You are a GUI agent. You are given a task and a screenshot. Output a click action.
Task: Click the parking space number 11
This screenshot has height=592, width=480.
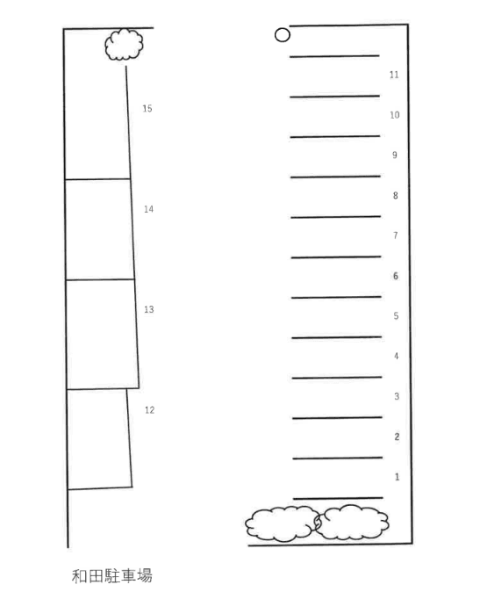point(394,75)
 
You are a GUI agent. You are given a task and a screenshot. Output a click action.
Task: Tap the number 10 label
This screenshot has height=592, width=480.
point(394,115)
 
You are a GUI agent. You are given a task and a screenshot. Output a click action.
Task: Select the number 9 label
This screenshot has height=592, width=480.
point(395,155)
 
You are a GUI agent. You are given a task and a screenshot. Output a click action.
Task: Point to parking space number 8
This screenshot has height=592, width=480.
point(395,196)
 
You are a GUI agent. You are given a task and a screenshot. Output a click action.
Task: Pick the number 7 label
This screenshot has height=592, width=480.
point(396,235)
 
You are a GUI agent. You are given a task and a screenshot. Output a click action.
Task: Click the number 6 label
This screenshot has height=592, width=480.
point(396,276)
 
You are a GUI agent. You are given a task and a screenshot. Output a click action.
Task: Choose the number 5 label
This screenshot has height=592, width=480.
point(396,316)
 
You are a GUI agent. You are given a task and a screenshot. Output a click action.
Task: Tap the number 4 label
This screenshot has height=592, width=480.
point(397,356)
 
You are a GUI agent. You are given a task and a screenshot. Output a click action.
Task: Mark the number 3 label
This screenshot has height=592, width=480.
point(397,396)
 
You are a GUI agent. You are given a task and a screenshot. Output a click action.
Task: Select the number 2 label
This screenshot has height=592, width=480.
point(397,437)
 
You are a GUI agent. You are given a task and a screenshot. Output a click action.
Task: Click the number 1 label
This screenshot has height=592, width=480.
point(397,477)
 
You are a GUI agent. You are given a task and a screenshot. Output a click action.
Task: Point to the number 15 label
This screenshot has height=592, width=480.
point(147,109)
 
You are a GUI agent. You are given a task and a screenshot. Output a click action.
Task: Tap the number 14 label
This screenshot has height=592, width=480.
point(148,209)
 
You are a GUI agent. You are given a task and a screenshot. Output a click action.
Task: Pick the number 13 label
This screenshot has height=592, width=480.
point(149,309)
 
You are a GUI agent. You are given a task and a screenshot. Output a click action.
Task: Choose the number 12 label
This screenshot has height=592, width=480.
point(150,410)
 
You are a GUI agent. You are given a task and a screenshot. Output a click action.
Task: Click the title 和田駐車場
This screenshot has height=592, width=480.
point(112,576)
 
